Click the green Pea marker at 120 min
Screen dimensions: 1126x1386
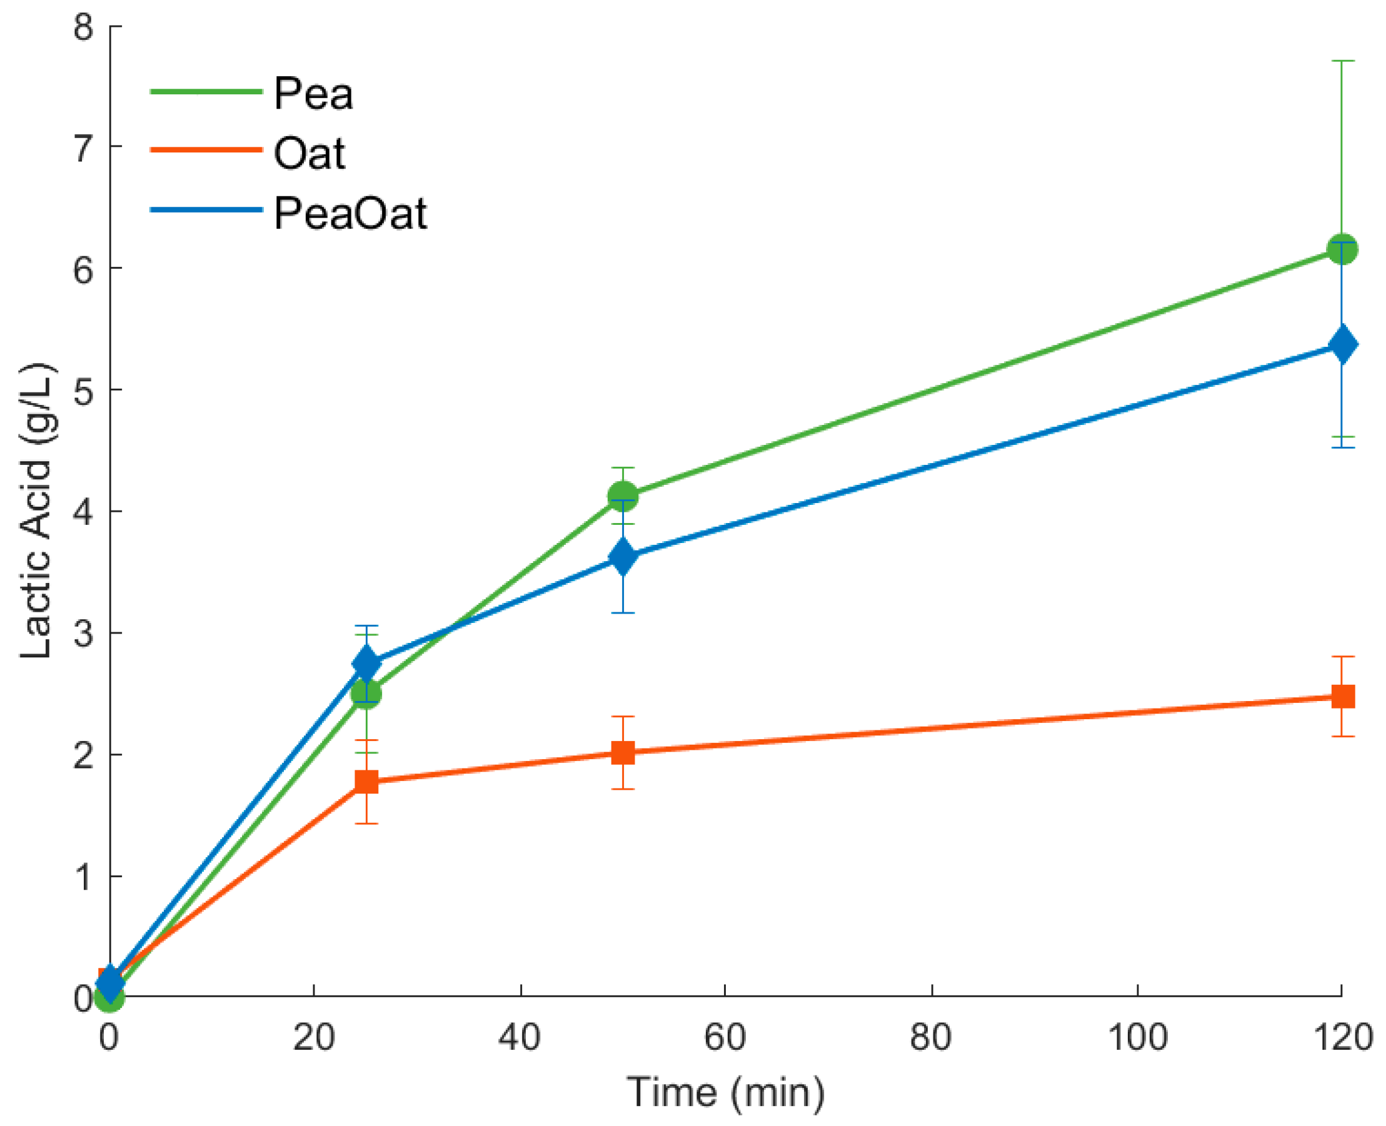tap(1342, 250)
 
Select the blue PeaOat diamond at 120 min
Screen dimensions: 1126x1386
tap(1342, 344)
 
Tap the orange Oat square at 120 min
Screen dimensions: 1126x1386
tap(1342, 697)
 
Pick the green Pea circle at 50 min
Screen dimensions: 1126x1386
tap(623, 496)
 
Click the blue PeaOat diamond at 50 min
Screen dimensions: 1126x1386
tap(623, 556)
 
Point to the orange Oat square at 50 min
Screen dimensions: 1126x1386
tap(623, 753)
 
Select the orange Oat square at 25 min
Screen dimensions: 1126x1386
tap(366, 782)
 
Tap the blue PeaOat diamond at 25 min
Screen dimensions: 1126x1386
tap(366, 664)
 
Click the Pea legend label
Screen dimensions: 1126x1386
tap(313, 94)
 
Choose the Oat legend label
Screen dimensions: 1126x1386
tap(309, 154)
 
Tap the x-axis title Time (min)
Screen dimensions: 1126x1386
tap(725, 1092)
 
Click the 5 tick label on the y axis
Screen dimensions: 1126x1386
tap(83, 391)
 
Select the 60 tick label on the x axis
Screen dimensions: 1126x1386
tap(725, 1037)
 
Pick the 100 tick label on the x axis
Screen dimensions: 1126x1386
tap(1137, 1037)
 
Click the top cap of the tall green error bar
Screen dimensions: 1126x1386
tap(1342, 61)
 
